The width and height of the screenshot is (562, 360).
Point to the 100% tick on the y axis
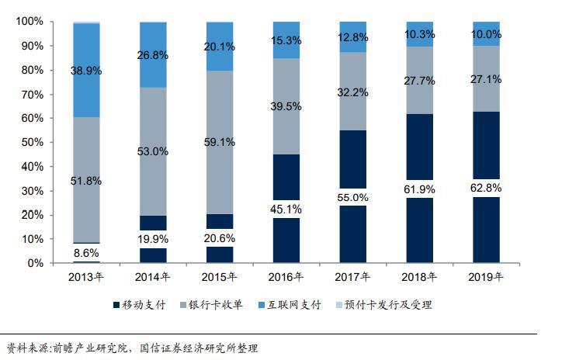29,22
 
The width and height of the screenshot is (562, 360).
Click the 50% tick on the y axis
32,143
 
